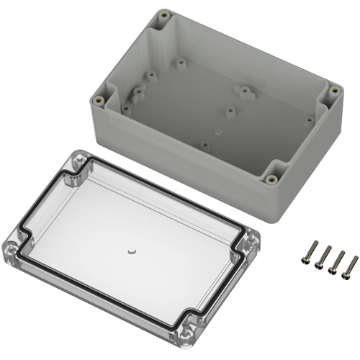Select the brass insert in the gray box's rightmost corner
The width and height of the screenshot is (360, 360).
click(x=333, y=91)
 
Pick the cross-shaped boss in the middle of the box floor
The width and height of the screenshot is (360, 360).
click(x=243, y=92)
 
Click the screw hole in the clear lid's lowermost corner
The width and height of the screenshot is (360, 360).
click(x=188, y=333)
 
